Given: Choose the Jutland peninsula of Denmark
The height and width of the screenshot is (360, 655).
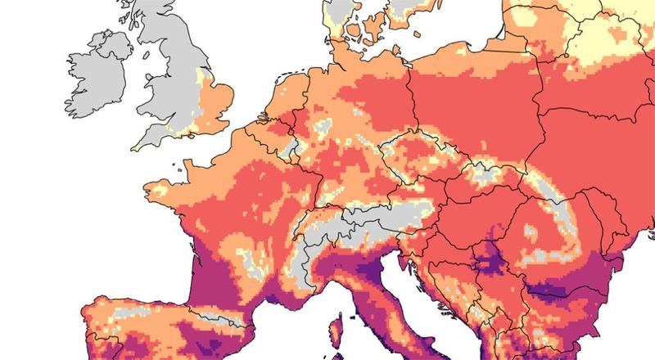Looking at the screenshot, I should [x=344, y=20].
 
